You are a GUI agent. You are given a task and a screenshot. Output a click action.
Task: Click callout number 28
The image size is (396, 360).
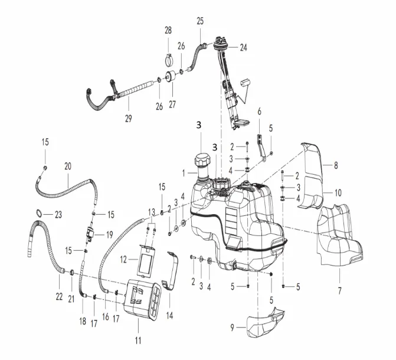(x=168, y=30)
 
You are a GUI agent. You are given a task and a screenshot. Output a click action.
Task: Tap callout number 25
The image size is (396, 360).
(x=200, y=21)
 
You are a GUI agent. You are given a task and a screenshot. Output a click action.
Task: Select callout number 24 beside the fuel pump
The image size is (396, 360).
(x=244, y=49)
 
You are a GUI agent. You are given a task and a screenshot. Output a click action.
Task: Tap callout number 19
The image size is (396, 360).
(x=109, y=234)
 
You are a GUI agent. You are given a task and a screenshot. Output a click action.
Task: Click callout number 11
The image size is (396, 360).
(x=138, y=341)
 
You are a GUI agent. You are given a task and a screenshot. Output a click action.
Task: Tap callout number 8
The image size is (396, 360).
(x=336, y=166)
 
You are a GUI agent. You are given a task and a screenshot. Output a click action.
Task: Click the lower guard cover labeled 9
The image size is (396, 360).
(x=264, y=325)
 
